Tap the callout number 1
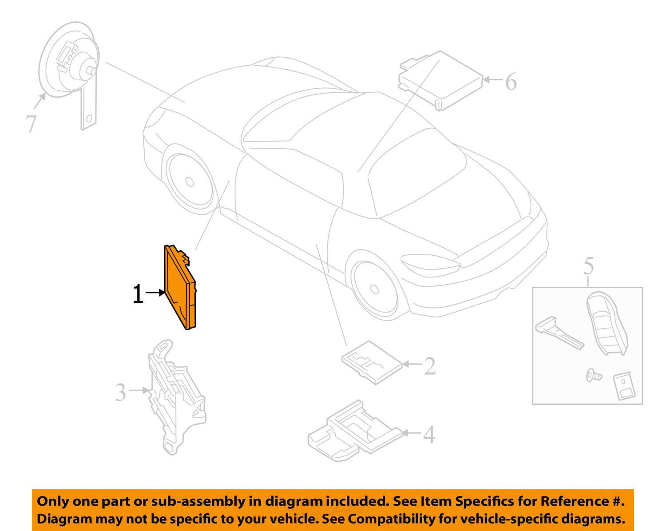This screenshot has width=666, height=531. click(138, 294)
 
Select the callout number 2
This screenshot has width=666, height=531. click(429, 366)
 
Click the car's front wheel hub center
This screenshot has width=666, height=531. click(374, 289)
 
